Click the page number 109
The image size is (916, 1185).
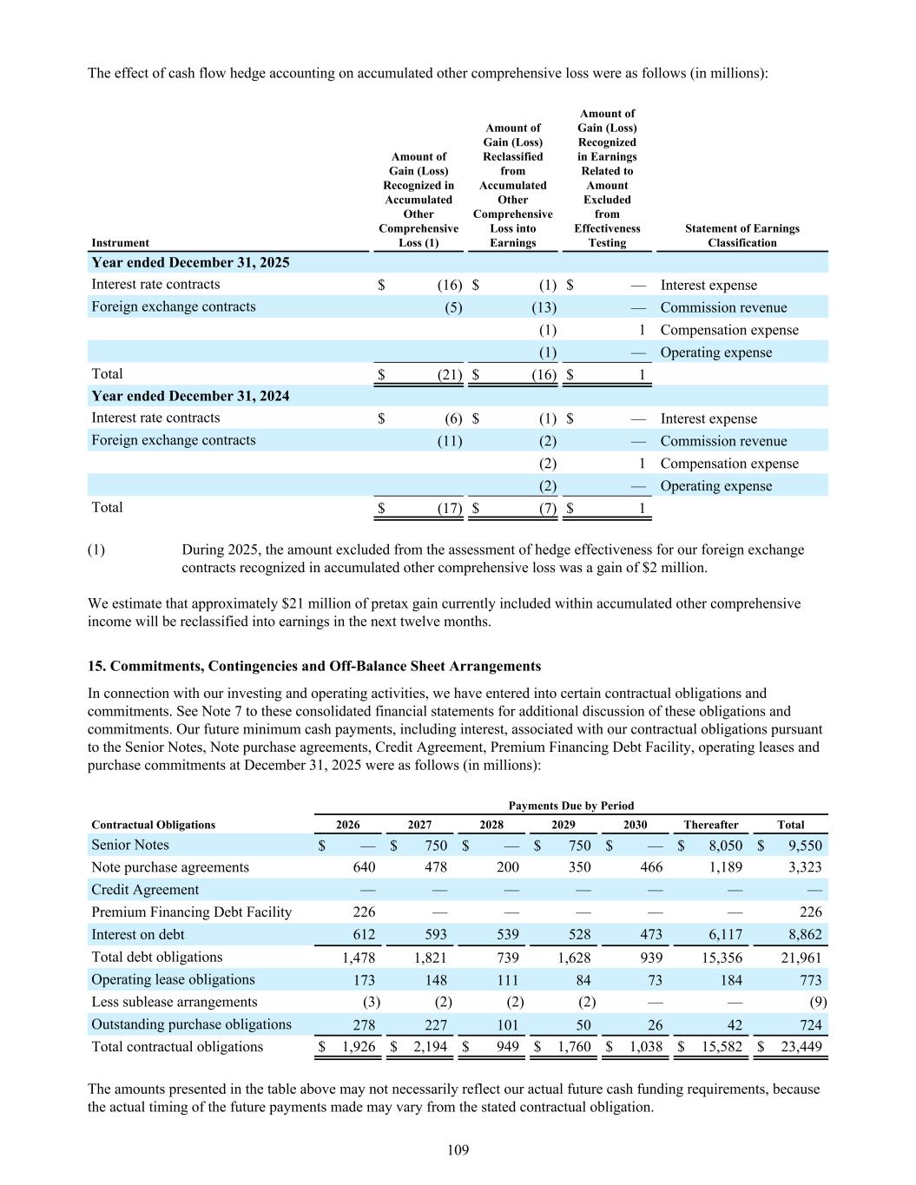pyautogui.click(x=458, y=1150)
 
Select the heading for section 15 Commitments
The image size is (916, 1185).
pyautogui.click(x=314, y=666)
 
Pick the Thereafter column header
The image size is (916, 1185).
pyautogui.click(x=710, y=825)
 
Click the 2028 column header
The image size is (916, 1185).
pyautogui.click(x=491, y=825)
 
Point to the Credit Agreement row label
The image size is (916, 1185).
pyautogui.click(x=145, y=890)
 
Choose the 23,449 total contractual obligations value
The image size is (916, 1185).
pyautogui.click(x=801, y=1047)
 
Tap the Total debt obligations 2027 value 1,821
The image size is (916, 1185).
pyautogui.click(x=430, y=958)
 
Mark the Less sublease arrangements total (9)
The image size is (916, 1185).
pyautogui.click(x=817, y=1002)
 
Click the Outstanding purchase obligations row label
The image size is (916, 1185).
pyautogui.click(x=191, y=1024)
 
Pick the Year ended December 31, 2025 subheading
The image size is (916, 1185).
pyautogui.click(x=190, y=262)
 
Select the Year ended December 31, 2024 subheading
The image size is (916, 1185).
pyautogui.click(x=190, y=396)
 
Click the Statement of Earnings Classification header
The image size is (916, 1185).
pyautogui.click(x=741, y=235)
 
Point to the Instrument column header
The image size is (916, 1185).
pyautogui.click(x=120, y=243)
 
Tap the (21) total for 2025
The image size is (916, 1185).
pyautogui.click(x=449, y=375)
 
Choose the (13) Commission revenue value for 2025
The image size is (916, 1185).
pyautogui.click(x=544, y=307)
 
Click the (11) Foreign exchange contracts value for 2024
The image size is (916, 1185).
pyautogui.click(x=449, y=441)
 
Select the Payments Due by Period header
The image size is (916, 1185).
pyautogui.click(x=570, y=806)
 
